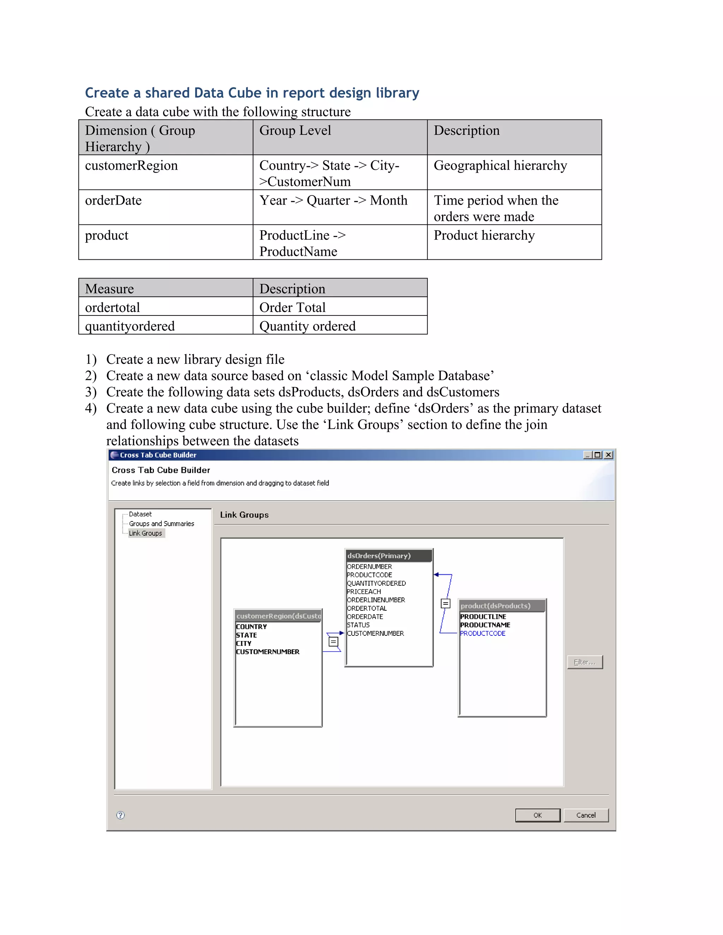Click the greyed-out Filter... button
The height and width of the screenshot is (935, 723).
click(x=585, y=662)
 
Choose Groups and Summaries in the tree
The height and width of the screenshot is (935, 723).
click(x=161, y=524)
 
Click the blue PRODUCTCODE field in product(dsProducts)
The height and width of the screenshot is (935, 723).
click(x=483, y=633)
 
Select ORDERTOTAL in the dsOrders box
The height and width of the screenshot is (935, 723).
click(x=367, y=608)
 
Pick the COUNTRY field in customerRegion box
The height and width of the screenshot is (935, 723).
click(x=251, y=626)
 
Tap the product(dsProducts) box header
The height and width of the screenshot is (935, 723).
click(x=502, y=606)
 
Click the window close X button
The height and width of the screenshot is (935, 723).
click(x=608, y=455)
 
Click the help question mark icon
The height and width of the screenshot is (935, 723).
click(x=121, y=815)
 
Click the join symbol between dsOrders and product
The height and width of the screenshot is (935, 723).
click(x=446, y=604)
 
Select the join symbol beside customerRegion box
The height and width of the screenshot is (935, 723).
click(x=333, y=642)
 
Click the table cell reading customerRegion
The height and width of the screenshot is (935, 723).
click(x=131, y=166)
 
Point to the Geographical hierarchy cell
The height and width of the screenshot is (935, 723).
click(x=500, y=166)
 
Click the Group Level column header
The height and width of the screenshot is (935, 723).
click(x=295, y=131)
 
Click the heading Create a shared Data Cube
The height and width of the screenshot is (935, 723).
click(x=252, y=93)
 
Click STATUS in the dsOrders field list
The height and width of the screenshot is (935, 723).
click(x=358, y=625)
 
